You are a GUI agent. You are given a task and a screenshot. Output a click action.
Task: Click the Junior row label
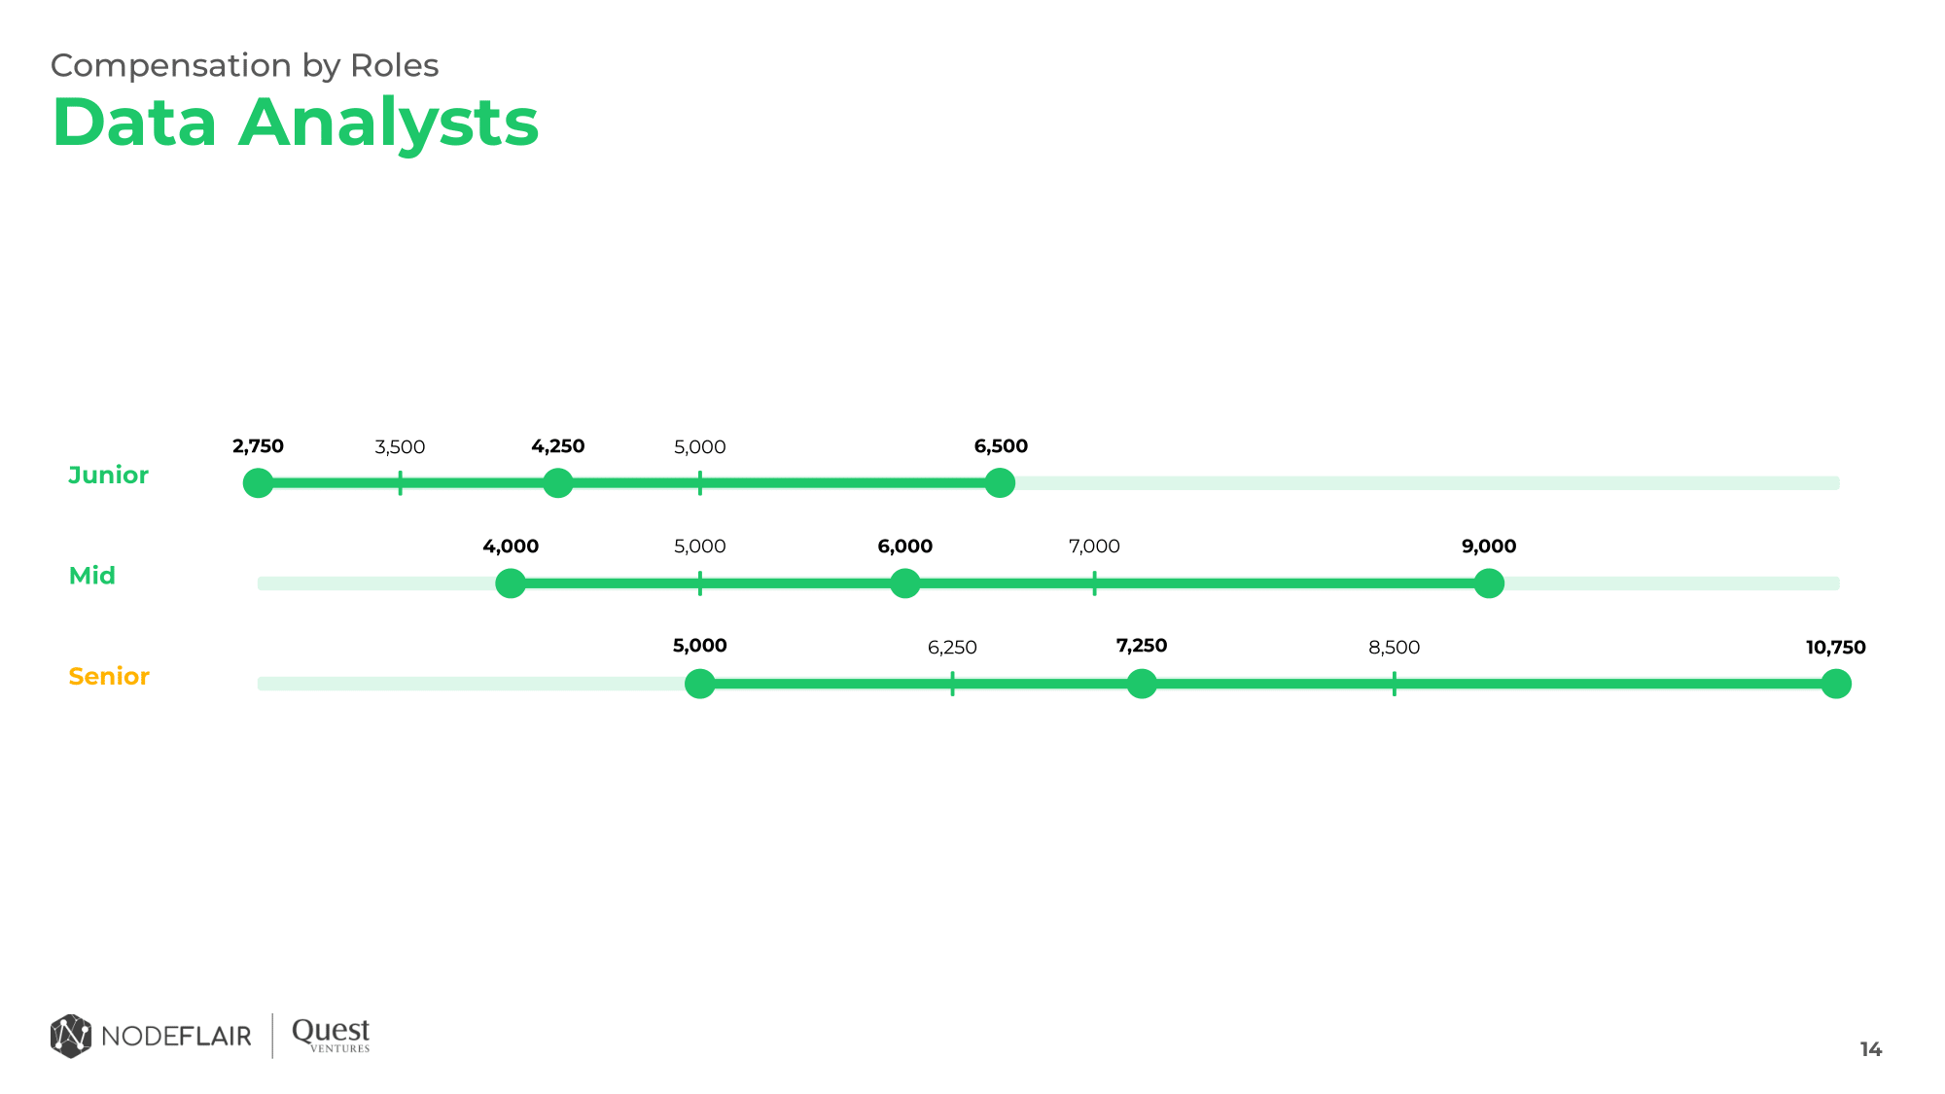[108, 476]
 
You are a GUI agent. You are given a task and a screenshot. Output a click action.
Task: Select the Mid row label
[92, 576]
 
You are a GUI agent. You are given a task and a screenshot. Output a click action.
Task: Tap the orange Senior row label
[109, 677]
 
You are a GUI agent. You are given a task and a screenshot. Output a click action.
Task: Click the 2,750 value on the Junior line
[258, 446]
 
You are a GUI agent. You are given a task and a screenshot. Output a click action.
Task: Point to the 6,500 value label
[1001, 446]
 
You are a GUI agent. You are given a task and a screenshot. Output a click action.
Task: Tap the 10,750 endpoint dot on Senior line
[1835, 684]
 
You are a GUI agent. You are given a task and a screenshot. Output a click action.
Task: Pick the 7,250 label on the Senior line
[1141, 646]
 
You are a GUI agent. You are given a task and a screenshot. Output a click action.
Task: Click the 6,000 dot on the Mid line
[904, 583]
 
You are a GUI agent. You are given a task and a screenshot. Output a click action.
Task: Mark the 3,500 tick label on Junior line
[400, 447]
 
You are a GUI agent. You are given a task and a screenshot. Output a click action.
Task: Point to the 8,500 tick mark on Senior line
[1394, 684]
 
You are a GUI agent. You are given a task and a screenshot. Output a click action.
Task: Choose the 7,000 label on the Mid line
[1094, 547]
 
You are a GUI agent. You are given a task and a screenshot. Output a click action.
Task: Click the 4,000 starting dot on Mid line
[511, 583]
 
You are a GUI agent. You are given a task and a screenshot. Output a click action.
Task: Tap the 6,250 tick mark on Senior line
[952, 684]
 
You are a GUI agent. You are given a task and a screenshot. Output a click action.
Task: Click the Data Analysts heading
[295, 124]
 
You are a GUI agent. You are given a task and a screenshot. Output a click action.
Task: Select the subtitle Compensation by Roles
[244, 65]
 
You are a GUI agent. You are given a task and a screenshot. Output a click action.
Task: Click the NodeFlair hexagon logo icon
[71, 1036]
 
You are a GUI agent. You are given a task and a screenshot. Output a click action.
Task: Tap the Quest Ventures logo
[331, 1035]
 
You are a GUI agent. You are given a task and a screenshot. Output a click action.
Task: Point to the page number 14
[1870, 1049]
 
